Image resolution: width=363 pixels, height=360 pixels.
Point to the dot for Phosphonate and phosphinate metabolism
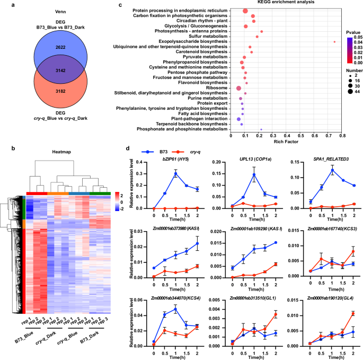(x=261, y=129)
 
